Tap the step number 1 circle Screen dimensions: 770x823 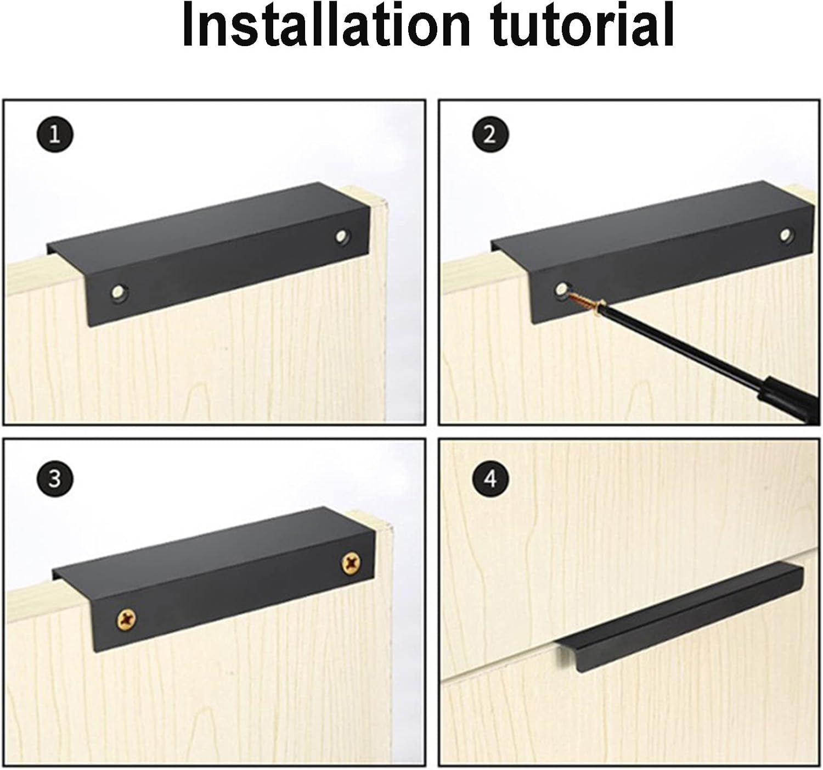pos(55,135)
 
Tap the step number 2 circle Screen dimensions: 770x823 pos(489,135)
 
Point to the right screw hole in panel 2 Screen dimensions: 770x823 pos(787,235)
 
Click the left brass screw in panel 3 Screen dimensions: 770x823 pos(126,620)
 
